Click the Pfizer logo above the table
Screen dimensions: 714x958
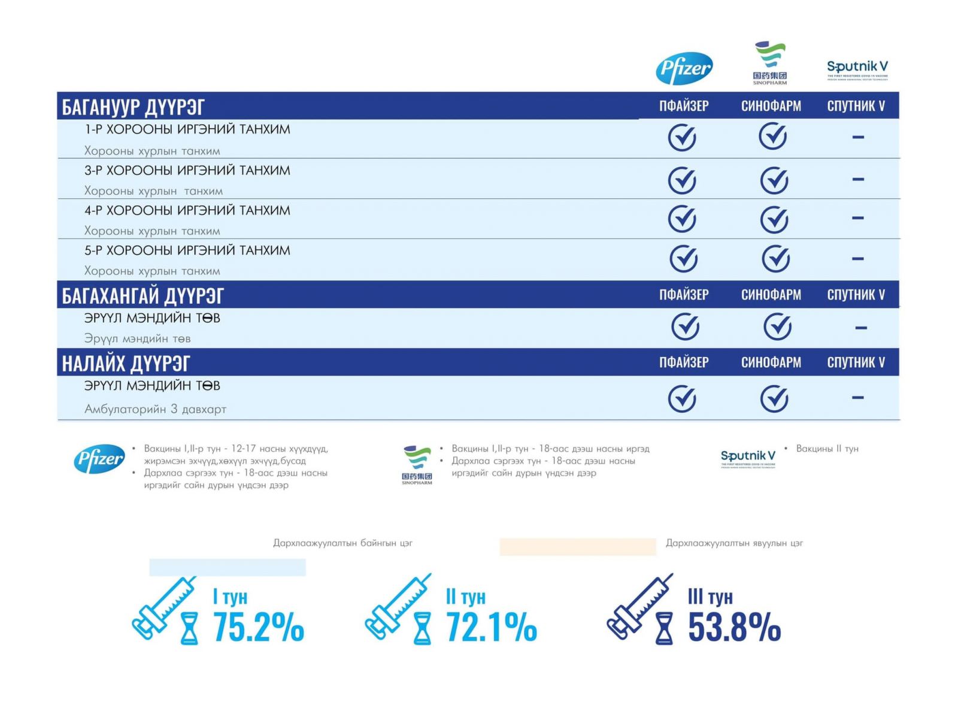[x=684, y=68]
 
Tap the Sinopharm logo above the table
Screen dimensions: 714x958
[x=770, y=62]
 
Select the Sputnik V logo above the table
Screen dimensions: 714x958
[x=857, y=69]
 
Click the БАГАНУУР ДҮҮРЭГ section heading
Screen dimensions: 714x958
[x=133, y=107]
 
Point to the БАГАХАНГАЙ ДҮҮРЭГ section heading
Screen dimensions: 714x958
[x=143, y=296]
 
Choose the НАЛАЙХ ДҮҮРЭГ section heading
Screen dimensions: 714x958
[x=126, y=364]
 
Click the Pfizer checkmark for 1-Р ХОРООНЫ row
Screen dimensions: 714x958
[x=682, y=138]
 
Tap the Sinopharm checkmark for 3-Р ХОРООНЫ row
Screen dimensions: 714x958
[x=774, y=180]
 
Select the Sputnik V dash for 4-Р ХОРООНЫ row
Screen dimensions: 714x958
[x=857, y=218]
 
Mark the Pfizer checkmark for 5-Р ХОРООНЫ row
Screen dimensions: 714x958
[x=683, y=259]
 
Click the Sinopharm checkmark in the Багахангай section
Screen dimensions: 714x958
[x=777, y=327]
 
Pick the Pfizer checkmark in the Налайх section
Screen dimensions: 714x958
[x=682, y=399]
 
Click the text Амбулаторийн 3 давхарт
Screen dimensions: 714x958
[x=155, y=410]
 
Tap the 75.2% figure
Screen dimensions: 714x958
[x=259, y=627]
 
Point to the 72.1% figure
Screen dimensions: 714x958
[x=491, y=627]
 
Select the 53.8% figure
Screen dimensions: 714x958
[x=734, y=627]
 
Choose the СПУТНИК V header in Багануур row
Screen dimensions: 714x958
[x=856, y=107]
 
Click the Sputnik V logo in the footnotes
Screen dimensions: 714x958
[x=748, y=458]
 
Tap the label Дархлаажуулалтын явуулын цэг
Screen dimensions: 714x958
[x=734, y=543]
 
